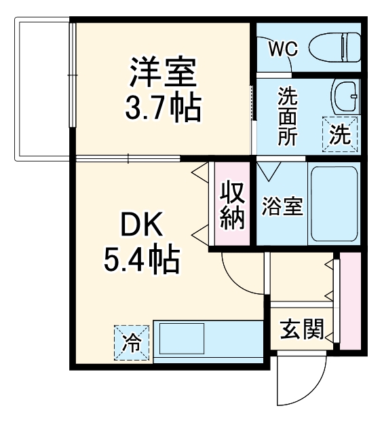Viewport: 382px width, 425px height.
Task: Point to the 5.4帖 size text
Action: coord(142,257)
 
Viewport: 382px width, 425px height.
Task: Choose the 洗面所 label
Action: coord(288,115)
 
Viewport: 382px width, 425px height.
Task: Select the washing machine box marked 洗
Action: coord(340,133)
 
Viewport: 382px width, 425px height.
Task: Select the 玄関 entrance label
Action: coord(301,331)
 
